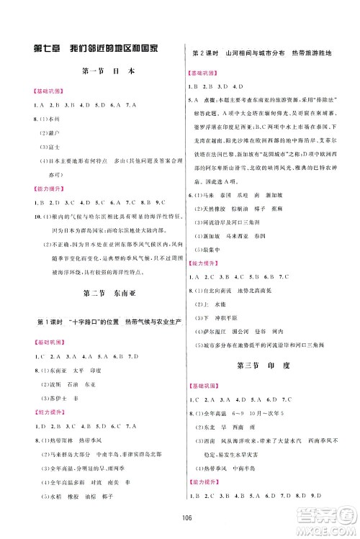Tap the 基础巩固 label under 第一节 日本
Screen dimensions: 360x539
pos(45,91)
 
